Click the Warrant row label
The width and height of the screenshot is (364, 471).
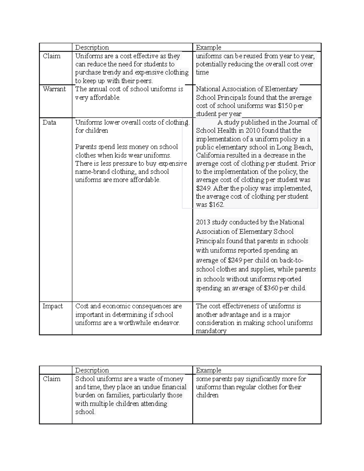pyautogui.click(x=54, y=89)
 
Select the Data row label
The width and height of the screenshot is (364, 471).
pyautogui.click(x=49, y=123)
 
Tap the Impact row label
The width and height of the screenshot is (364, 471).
pyautogui.click(x=52, y=306)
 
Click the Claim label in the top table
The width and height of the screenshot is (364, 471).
pyautogui.click(x=51, y=56)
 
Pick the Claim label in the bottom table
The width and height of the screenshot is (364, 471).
pyautogui.click(x=51, y=379)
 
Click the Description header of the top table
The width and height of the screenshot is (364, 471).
pyautogui.click(x=92, y=47)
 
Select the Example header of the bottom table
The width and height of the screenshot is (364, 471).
pyautogui.click(x=208, y=370)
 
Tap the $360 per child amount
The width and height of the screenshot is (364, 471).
pyautogui.click(x=271, y=288)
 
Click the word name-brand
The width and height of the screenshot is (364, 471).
pyautogui.click(x=90, y=172)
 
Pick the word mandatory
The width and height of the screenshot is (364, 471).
pyautogui.click(x=211, y=331)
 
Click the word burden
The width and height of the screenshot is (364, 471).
pyautogui.click(x=85, y=395)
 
